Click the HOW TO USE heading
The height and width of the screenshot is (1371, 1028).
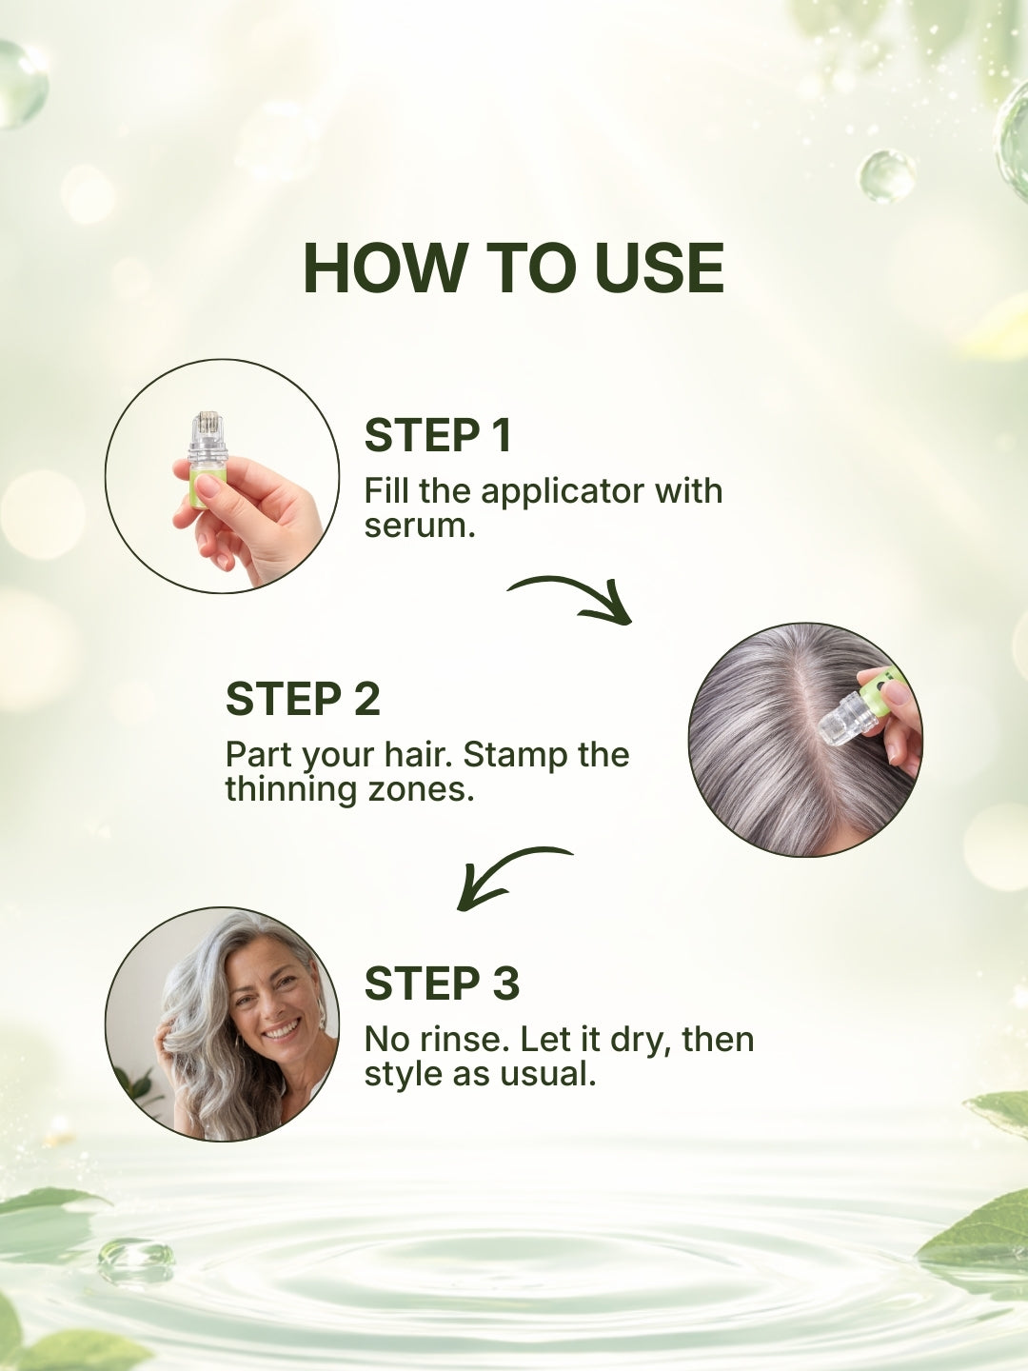[x=513, y=268]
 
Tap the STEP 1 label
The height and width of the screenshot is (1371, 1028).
[x=438, y=436]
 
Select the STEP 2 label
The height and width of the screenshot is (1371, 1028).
[x=303, y=700]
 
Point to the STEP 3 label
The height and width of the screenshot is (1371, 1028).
[x=442, y=984]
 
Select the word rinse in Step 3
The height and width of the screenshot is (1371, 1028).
[x=460, y=1040]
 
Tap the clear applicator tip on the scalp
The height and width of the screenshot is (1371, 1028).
[x=843, y=719]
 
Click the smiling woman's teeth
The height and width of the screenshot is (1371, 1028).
[x=281, y=1030]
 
